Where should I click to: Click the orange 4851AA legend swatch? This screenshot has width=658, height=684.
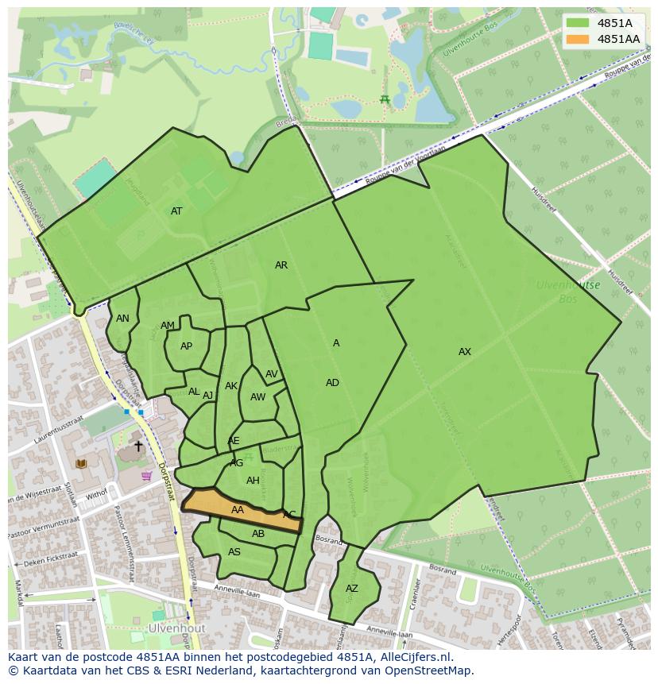click(x=578, y=39)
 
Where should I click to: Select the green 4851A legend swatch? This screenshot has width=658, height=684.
click(x=578, y=23)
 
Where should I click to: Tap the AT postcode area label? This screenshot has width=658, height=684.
click(x=176, y=211)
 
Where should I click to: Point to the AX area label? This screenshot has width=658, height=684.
click(x=465, y=352)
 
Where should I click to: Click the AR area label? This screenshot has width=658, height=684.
click(x=281, y=265)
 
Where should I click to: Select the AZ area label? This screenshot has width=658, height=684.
click(x=352, y=589)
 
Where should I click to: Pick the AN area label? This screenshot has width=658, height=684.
click(x=122, y=319)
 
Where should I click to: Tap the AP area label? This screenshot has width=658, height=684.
click(x=186, y=346)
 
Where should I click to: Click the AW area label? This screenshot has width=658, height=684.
click(x=257, y=397)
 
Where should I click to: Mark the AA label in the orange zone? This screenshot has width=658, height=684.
click(x=238, y=510)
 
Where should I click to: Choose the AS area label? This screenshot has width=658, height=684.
click(x=234, y=552)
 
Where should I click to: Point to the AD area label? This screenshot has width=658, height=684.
click(x=332, y=383)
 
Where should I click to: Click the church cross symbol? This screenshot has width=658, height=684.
click(x=138, y=446)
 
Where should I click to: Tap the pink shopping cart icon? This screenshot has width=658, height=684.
click(x=146, y=477)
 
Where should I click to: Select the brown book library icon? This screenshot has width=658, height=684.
click(x=80, y=463)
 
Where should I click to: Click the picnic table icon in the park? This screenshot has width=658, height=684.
click(x=385, y=99)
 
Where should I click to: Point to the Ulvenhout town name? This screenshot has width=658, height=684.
click(x=176, y=628)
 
